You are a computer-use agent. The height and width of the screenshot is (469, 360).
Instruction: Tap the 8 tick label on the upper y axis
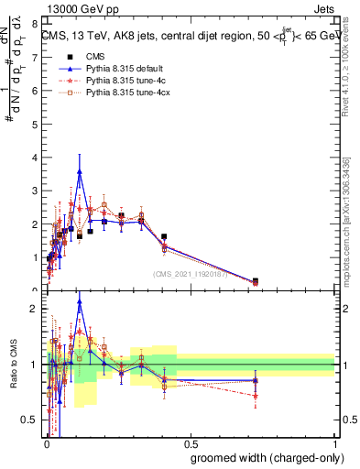pyautogui.click(x=35, y=24)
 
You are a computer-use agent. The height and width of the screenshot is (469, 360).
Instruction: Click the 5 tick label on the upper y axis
pyautogui.click(x=35, y=124)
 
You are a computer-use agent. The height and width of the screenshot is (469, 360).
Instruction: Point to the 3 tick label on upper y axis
pyautogui.click(x=35, y=191)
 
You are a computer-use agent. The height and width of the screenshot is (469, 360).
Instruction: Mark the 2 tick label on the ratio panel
pyautogui.click(x=35, y=310)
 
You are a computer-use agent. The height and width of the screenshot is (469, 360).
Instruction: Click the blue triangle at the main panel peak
pyautogui.click(x=106, y=171)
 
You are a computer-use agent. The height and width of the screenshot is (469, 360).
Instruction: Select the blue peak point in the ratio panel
pyautogui.click(x=106, y=300)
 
